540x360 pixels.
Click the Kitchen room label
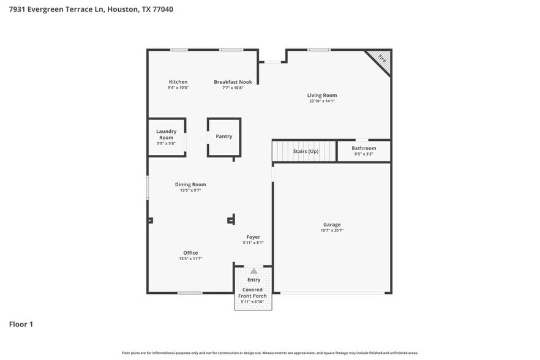point(178,82)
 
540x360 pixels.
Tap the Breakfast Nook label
point(233,82)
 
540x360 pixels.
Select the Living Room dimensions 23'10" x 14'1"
point(322,101)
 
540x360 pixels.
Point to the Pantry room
point(224,137)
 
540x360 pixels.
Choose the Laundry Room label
point(166,134)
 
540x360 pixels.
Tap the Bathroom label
point(364,148)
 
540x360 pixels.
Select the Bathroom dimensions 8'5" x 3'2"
point(364,154)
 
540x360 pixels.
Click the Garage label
point(332,225)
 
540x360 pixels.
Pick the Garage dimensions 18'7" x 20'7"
point(332,231)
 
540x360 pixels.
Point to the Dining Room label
point(190,184)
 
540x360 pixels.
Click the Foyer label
point(253,237)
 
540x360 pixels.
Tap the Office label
point(190,253)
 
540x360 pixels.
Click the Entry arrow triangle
point(253,271)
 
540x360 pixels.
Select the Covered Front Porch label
point(252,293)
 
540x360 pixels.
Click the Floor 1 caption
point(21,324)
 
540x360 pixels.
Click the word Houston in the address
point(118,9)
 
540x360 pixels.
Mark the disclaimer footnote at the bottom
point(269,353)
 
